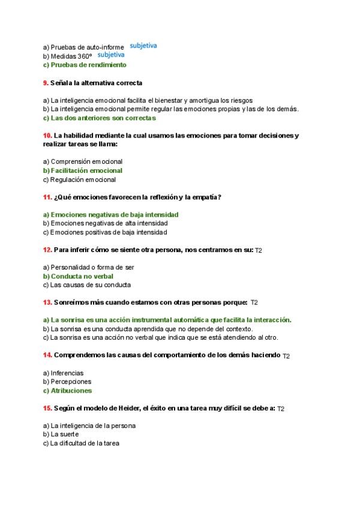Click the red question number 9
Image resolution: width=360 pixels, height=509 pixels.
46,82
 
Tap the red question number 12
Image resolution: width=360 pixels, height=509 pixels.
47,249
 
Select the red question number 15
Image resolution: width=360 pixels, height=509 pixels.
47,408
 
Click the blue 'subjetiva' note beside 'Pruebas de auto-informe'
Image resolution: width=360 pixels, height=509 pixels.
143,46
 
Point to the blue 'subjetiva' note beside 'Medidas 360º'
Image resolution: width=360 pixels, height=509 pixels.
110,55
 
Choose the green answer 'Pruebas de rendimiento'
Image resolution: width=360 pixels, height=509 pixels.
85,64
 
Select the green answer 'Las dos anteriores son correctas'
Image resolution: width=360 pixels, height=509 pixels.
99,118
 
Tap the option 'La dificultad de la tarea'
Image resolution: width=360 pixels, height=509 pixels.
80,444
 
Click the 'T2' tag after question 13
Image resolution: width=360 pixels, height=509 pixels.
254,303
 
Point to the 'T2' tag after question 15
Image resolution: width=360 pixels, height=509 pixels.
281,409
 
